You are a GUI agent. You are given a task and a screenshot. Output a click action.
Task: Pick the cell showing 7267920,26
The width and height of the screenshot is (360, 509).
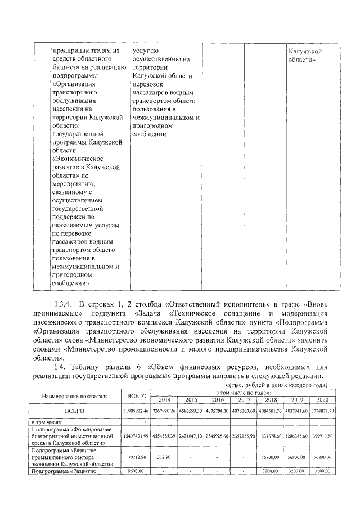[165, 411]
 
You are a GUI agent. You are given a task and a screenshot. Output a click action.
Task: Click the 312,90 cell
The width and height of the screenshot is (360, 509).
[165, 457]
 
